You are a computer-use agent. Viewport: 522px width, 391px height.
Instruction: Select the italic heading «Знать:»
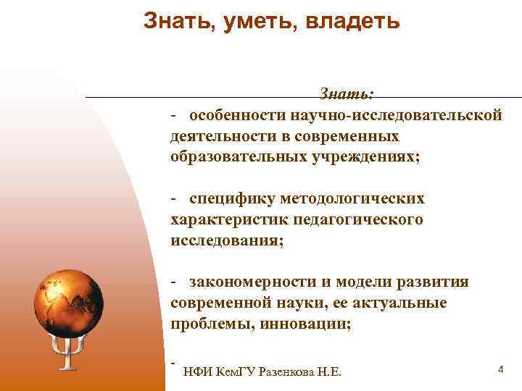click(x=347, y=95)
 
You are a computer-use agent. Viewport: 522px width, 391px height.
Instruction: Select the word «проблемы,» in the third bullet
click(x=207, y=324)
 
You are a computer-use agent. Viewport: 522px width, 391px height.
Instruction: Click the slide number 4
click(x=500, y=370)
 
